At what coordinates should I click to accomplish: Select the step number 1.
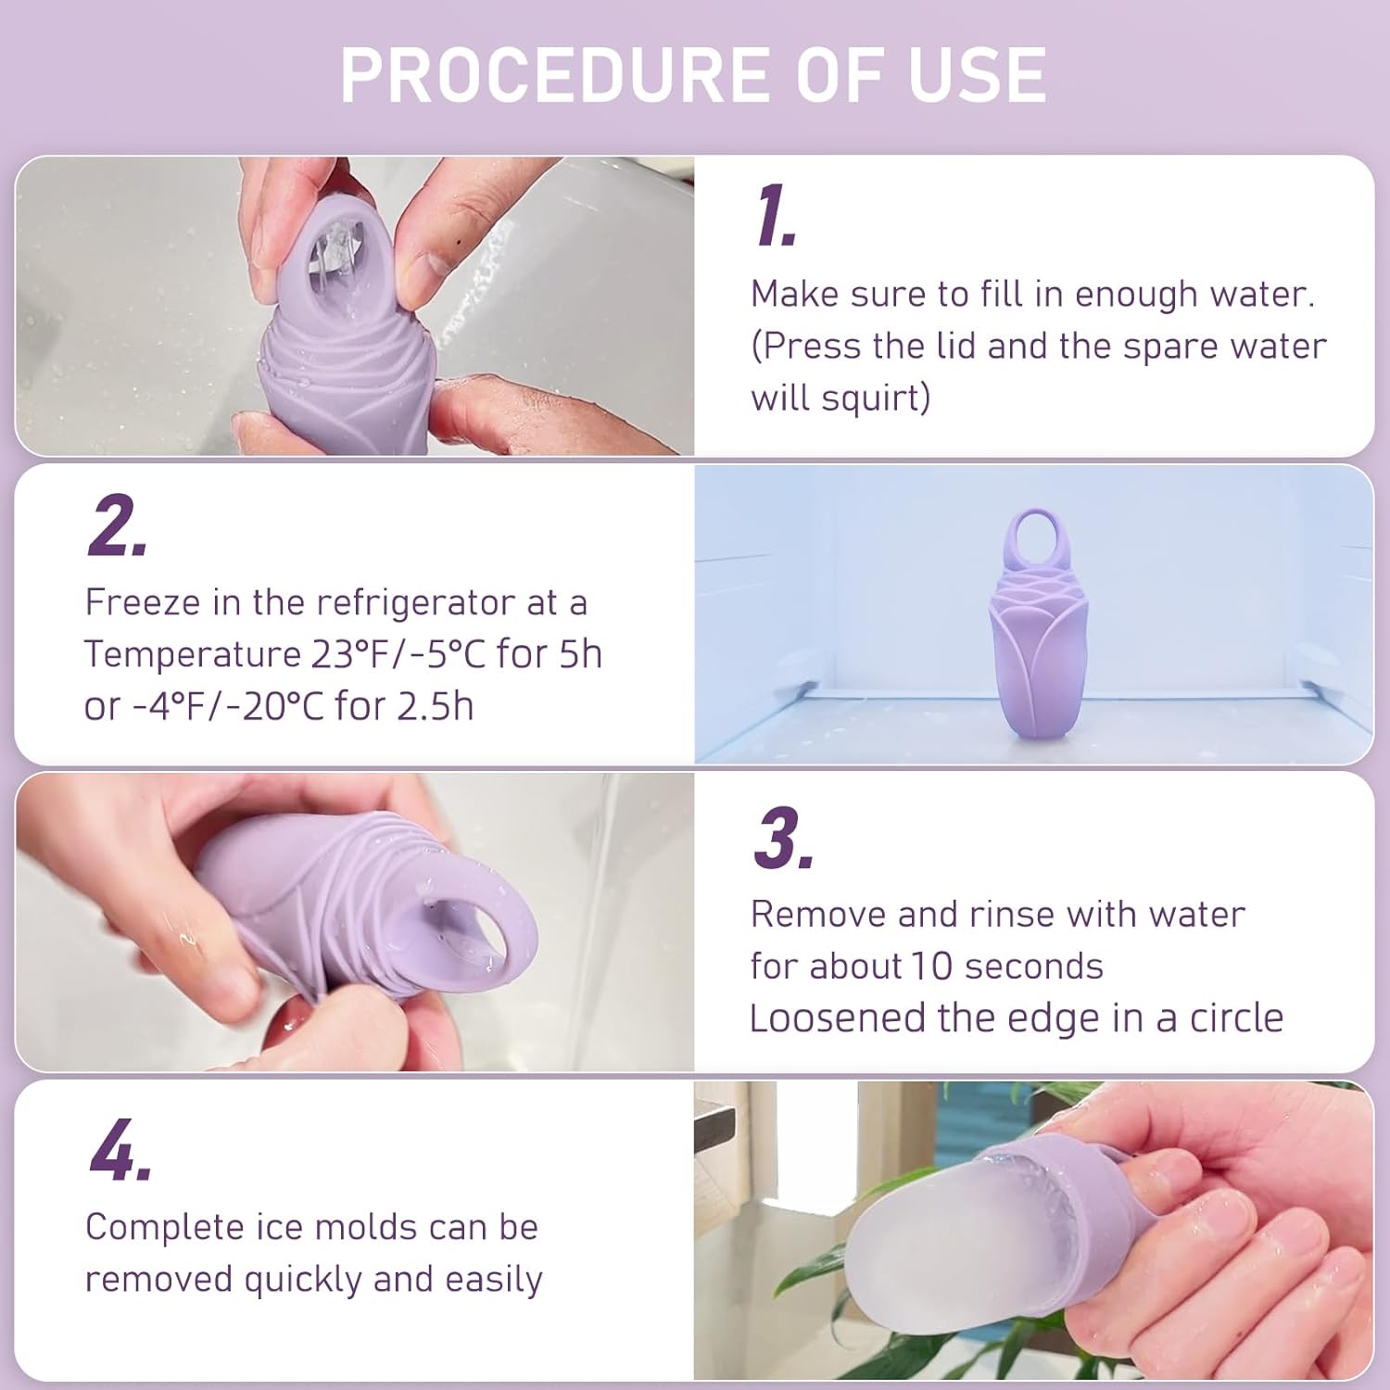tap(775, 217)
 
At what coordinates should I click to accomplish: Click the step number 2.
tap(117, 526)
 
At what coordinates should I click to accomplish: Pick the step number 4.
tap(120, 1151)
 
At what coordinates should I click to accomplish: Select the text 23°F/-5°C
tap(398, 654)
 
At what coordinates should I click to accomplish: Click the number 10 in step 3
tap(930, 967)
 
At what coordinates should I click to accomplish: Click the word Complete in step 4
tap(164, 1227)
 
